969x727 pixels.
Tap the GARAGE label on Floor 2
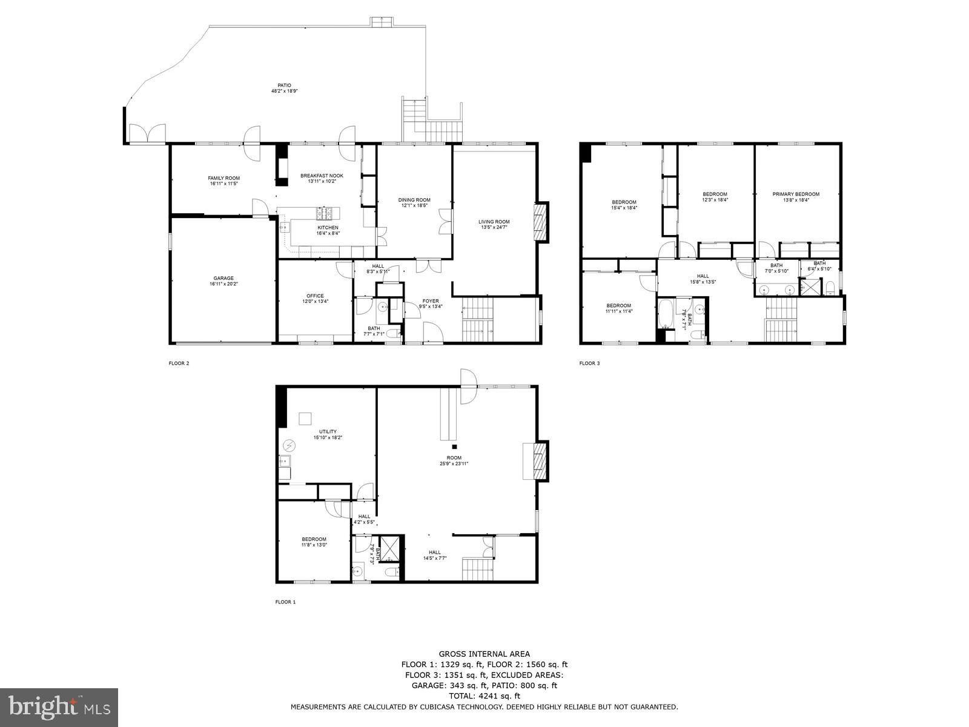[x=223, y=279]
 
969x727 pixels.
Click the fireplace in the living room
[x=540, y=222]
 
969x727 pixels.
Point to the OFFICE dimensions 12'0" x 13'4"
[x=315, y=302]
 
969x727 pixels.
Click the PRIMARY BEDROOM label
[x=795, y=194]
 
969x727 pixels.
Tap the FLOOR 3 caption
[x=589, y=363]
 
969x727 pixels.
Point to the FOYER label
[x=430, y=301]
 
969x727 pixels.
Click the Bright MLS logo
[x=59, y=706]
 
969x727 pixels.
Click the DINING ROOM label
[x=414, y=200]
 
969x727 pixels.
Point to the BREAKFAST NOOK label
[x=322, y=176]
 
